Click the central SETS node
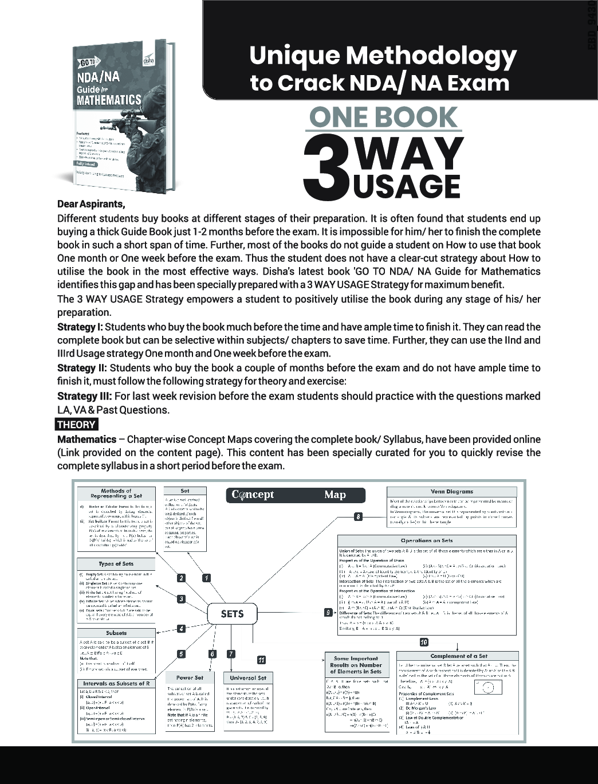click(x=232, y=614)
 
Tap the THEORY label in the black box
click(x=77, y=425)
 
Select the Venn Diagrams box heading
click(x=451, y=492)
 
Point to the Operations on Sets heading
click(x=427, y=540)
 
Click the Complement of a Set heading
click(x=458, y=656)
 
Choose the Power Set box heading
click(x=190, y=677)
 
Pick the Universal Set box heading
click(x=247, y=677)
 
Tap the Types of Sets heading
click(x=116, y=564)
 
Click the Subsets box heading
click(x=116, y=633)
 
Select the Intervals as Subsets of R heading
click(x=116, y=683)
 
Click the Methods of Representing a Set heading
click(x=116, y=493)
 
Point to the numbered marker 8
click(x=358, y=517)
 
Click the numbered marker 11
click(x=261, y=660)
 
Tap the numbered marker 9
click(x=328, y=613)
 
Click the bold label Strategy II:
click(x=82, y=368)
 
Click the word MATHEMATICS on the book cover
click(x=109, y=100)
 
